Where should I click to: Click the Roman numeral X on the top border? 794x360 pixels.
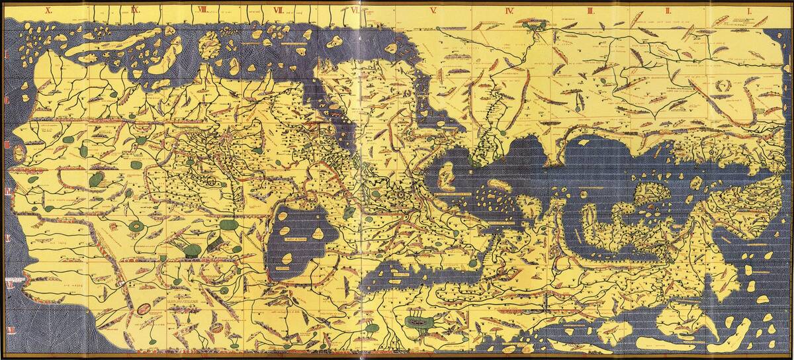pos(48,10)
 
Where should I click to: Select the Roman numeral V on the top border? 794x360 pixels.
pos(433,10)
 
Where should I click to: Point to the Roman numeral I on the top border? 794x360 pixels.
pos(746,10)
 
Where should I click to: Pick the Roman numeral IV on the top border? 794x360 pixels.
pos(510,10)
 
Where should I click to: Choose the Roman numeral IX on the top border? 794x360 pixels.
pos(135,10)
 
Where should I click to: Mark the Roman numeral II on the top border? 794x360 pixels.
pos(670,10)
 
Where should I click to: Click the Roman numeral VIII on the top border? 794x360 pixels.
pos(202,10)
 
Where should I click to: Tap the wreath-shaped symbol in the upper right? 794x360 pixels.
pos(723,85)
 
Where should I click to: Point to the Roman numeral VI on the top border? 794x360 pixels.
pos(356,10)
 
